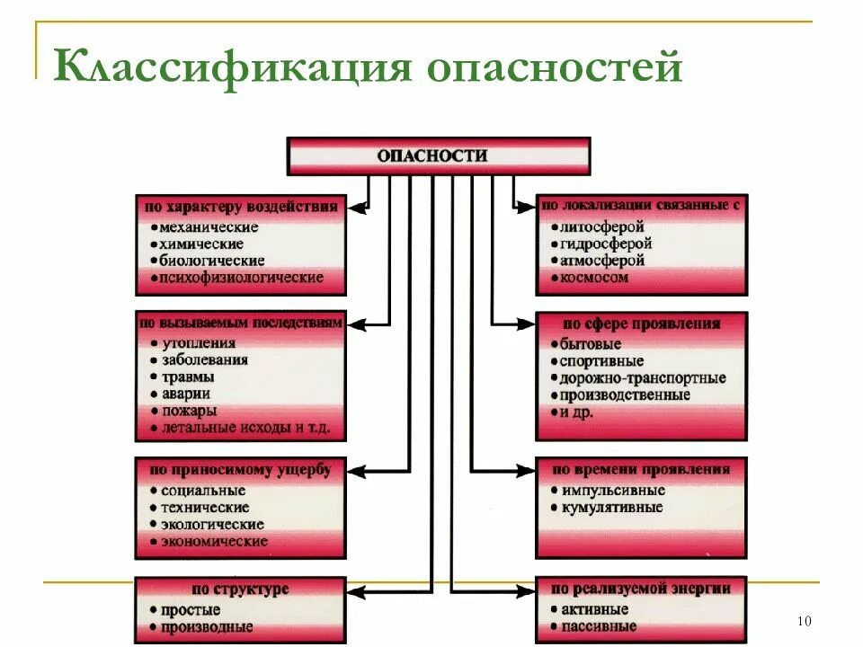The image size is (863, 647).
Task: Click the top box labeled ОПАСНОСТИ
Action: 438,155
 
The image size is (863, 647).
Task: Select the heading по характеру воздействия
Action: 241,207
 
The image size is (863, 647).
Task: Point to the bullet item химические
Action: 200,244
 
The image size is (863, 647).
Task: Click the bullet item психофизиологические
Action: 241,278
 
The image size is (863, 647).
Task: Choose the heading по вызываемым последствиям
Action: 241,323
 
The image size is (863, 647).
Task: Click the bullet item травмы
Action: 187,377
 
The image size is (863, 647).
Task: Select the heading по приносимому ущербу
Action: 241,470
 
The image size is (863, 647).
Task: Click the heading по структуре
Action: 241,589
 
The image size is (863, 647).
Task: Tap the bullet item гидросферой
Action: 605,244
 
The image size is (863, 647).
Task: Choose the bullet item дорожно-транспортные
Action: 642,378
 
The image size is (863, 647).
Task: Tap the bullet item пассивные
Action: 600,626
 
